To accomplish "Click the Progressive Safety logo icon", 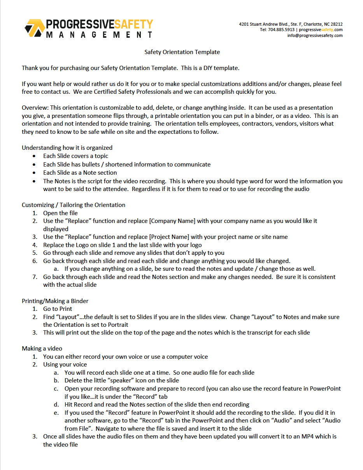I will pyautogui.click(x=34, y=28).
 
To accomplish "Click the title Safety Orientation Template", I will pyautogui.click(x=182, y=52).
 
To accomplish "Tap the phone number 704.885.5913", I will pyautogui.click(x=281, y=30).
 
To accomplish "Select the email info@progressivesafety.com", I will pyautogui.click(x=315, y=35).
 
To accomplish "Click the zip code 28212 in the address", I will pyautogui.click(x=336, y=24).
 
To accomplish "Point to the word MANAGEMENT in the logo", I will pyautogui.click(x=99, y=35).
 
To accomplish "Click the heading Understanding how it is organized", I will pyautogui.click(x=67, y=148).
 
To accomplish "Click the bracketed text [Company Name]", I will pyautogui.click(x=172, y=221).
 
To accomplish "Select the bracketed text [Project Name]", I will pyautogui.click(x=170, y=237).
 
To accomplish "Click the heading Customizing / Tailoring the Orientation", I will pyautogui.click(x=74, y=205).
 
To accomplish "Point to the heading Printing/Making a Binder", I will pyautogui.click(x=55, y=301).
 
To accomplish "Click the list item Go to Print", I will pyautogui.click(x=58, y=309).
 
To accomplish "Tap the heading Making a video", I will pyautogui.click(x=42, y=349).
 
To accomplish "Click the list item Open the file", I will pyautogui.click(x=60, y=213).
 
